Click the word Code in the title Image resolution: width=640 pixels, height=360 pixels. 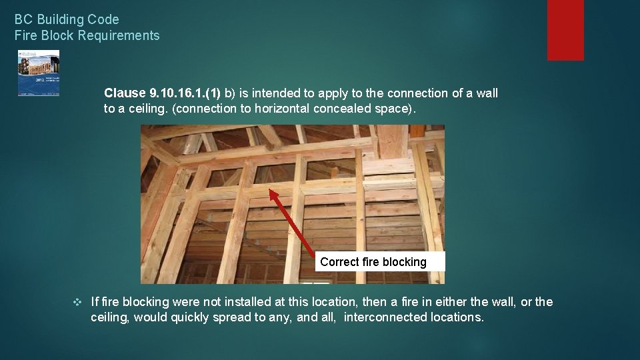point(105,19)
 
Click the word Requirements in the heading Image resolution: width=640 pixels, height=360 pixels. point(119,35)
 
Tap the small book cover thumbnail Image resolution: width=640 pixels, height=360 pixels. point(38,73)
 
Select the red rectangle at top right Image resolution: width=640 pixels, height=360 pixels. point(565,30)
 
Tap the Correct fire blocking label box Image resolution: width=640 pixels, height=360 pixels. point(373,262)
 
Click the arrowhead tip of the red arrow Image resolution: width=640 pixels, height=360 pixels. point(271,192)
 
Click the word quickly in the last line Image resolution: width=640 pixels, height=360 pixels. point(191,317)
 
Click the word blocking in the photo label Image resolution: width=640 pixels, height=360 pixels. point(403,262)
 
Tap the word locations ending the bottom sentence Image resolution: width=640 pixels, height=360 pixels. point(456,317)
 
